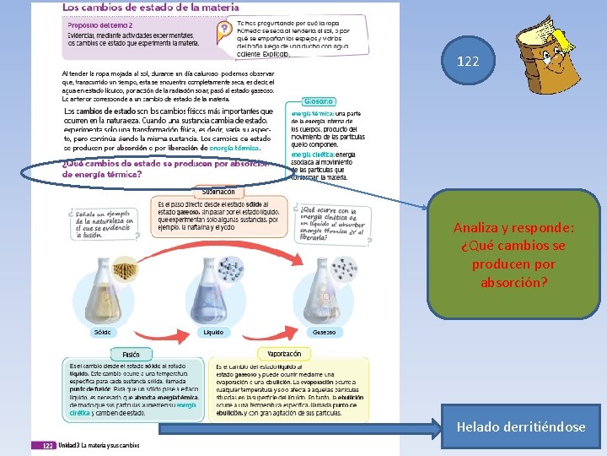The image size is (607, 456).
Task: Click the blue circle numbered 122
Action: pos(467,60)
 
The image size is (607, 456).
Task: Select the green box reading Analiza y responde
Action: pos(514,254)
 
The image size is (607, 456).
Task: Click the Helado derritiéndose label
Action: pos(521,427)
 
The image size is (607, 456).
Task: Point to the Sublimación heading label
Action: pos(218,192)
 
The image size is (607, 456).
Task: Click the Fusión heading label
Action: pos(131,354)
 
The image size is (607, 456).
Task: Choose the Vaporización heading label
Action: pos(284,354)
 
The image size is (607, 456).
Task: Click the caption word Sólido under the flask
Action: pos(102,333)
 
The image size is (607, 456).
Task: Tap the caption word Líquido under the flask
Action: pos(213,333)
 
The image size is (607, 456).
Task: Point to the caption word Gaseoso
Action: pos(324,333)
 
